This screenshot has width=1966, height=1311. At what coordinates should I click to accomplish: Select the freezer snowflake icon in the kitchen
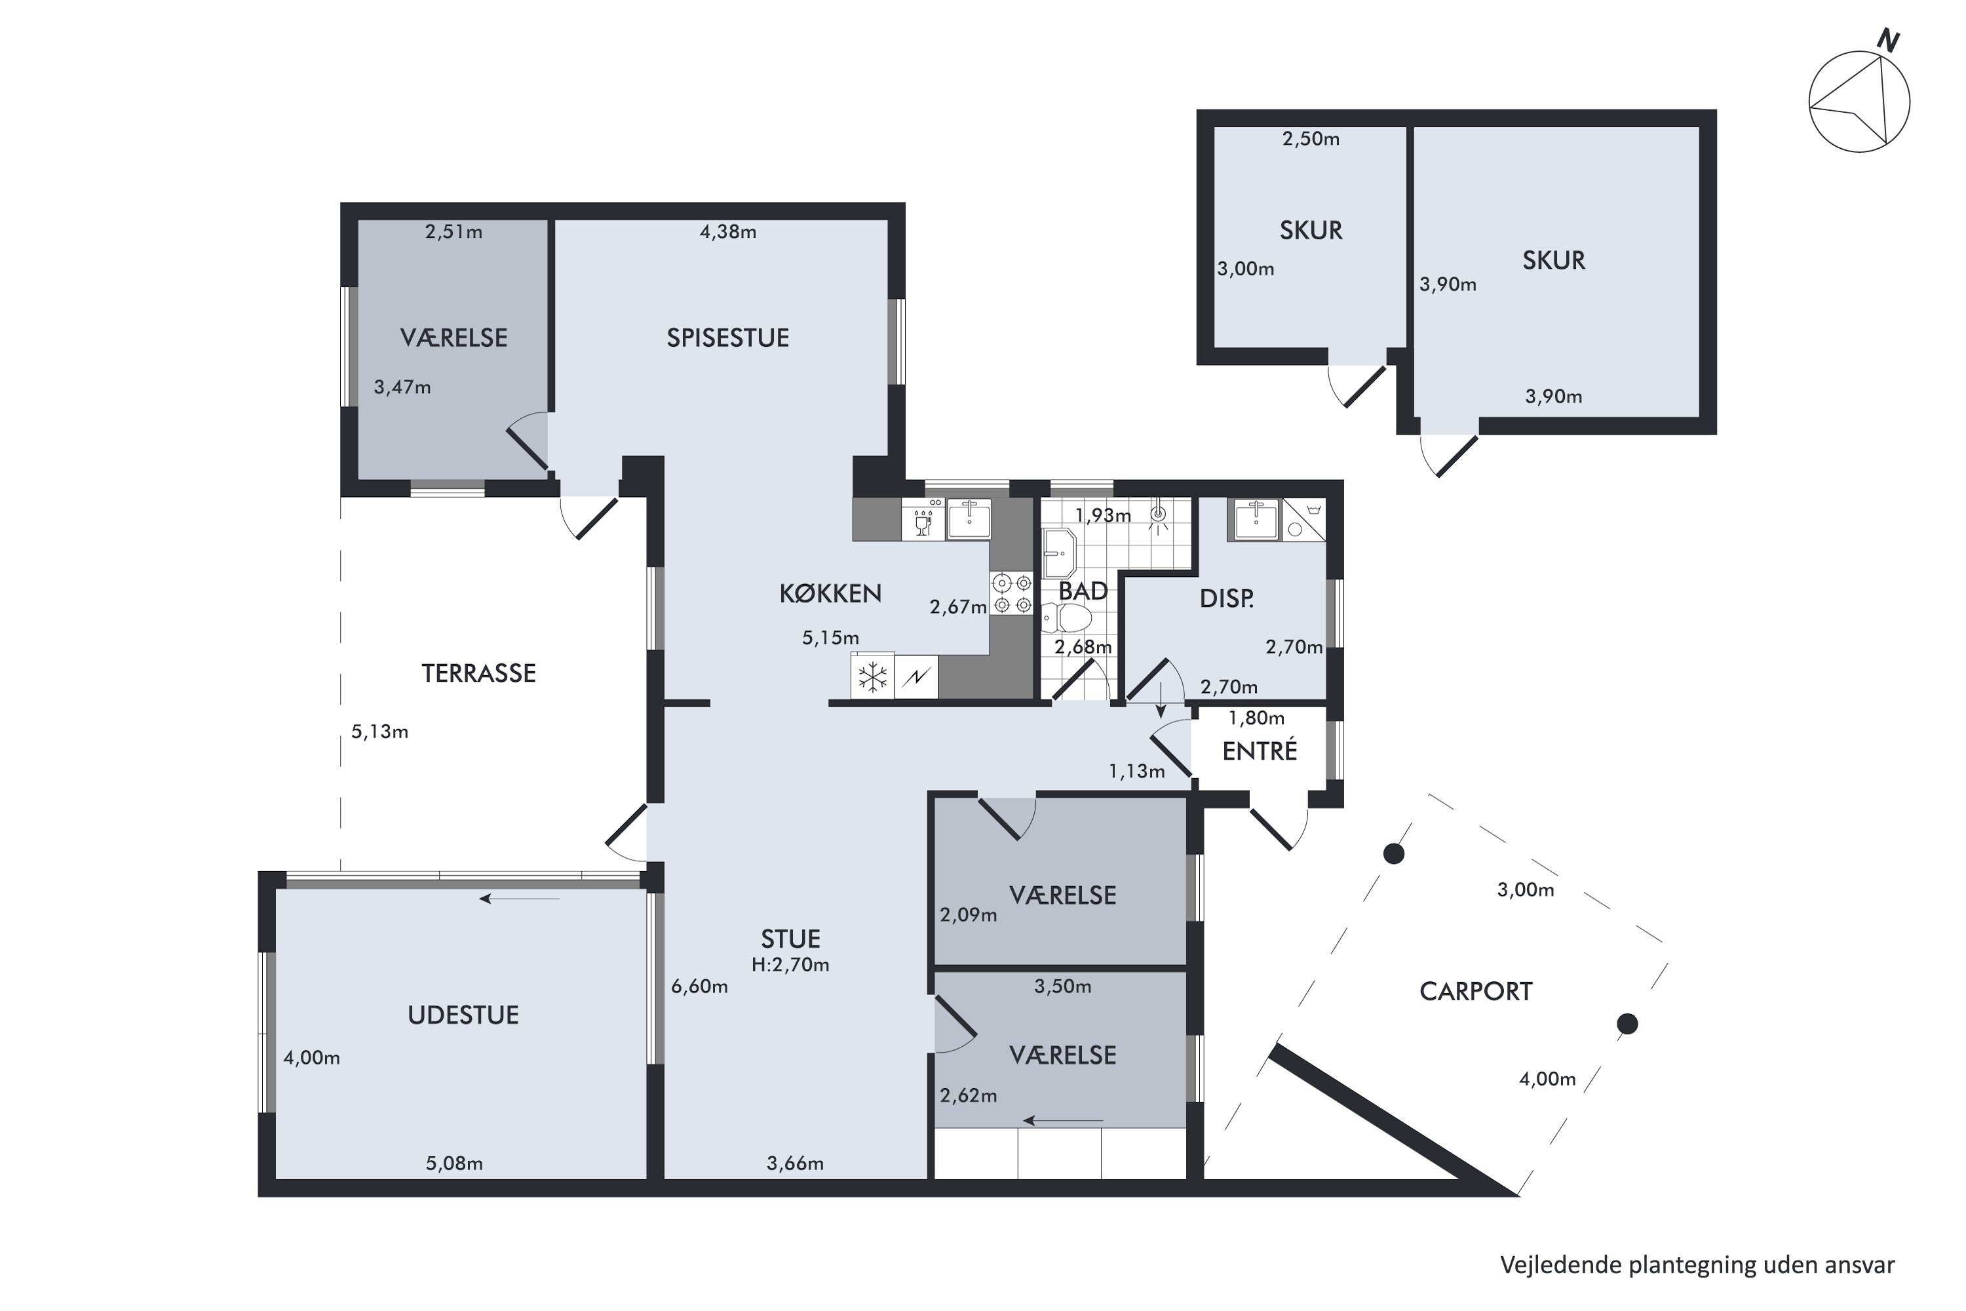pyautogui.click(x=873, y=676)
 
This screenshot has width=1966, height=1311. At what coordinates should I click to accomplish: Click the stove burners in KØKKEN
pyautogui.click(x=1011, y=593)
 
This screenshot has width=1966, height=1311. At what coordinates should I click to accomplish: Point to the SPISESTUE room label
pyautogui.click(x=727, y=338)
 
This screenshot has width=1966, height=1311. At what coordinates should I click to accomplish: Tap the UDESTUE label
pyautogui.click(x=463, y=1015)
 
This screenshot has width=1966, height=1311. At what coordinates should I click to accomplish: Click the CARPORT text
pyautogui.click(x=1475, y=992)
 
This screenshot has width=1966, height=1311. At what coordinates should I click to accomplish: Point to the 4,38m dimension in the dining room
pyautogui.click(x=728, y=231)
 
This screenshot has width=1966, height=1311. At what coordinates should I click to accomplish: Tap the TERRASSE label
pyautogui.click(x=478, y=673)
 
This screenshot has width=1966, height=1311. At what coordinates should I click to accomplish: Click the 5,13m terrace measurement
pyautogui.click(x=379, y=732)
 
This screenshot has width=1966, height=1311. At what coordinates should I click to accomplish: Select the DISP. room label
pyautogui.click(x=1226, y=598)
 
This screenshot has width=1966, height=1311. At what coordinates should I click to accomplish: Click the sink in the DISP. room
pyautogui.click(x=1256, y=519)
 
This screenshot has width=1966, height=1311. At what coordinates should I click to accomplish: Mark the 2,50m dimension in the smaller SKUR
pyautogui.click(x=1311, y=139)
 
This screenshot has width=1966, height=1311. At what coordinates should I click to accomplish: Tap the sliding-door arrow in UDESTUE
pyautogui.click(x=519, y=899)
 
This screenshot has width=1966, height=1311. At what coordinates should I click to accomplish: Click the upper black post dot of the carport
pyautogui.click(x=1393, y=853)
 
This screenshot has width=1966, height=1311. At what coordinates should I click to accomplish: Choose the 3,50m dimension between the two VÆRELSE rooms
pyautogui.click(x=1062, y=987)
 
